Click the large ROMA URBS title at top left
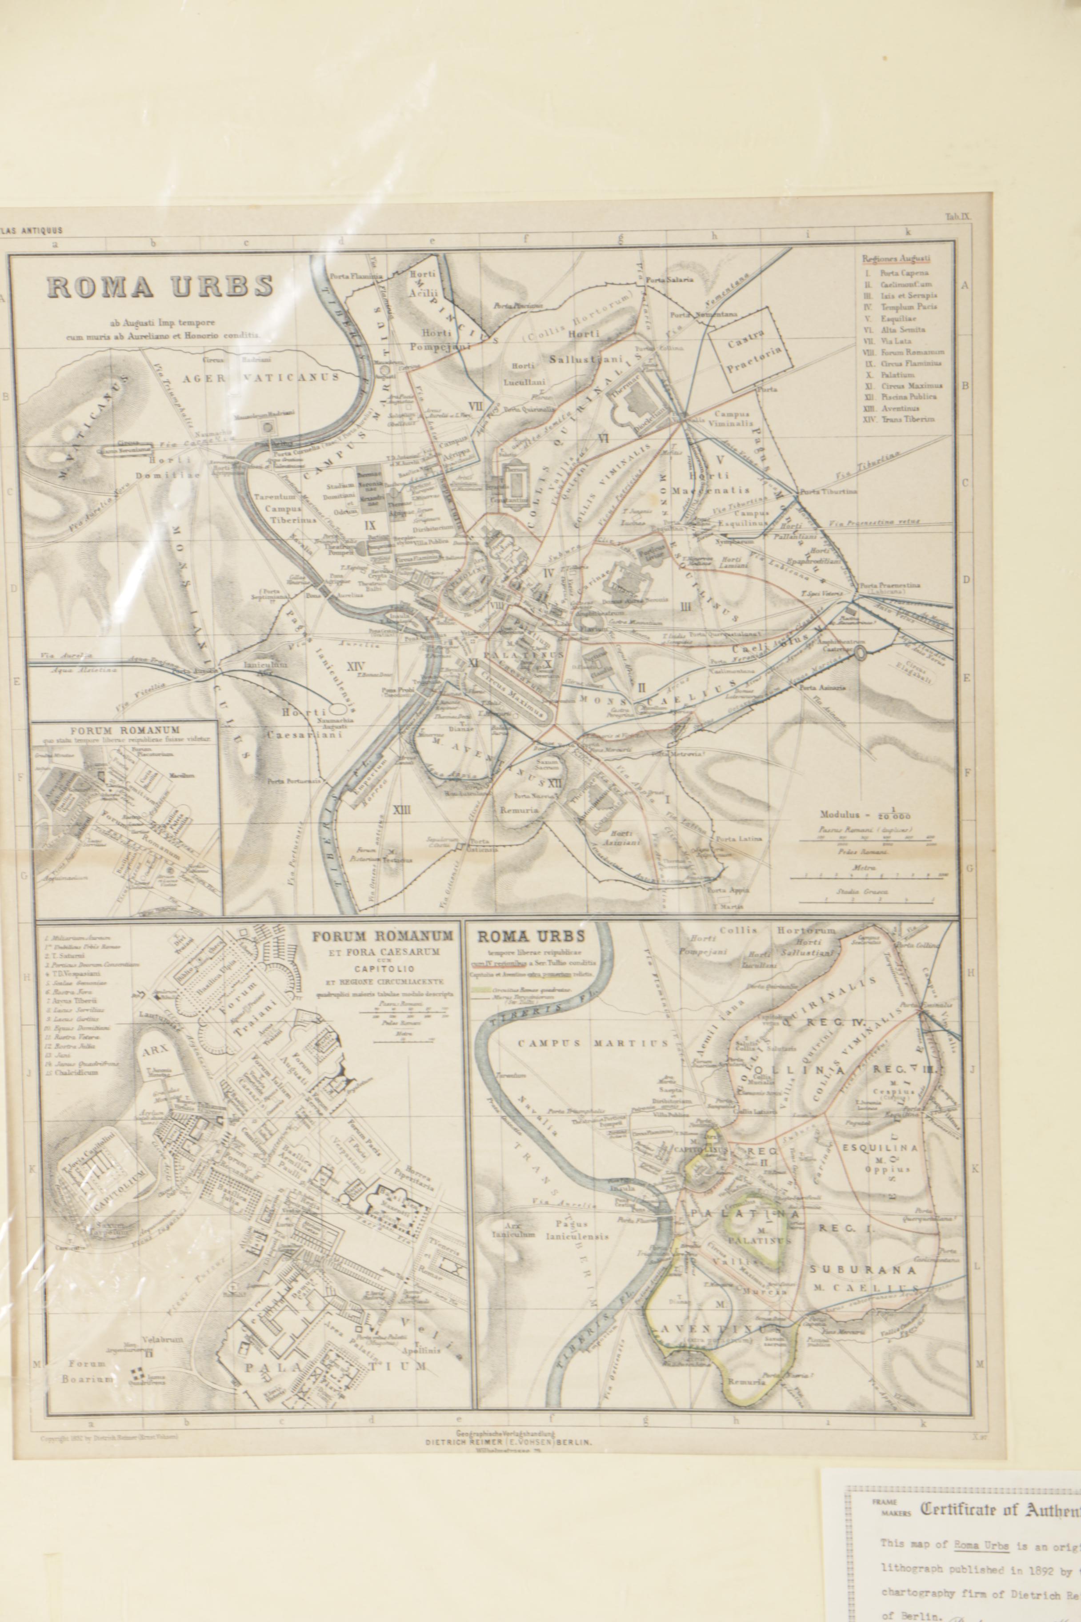pos(160,286)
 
